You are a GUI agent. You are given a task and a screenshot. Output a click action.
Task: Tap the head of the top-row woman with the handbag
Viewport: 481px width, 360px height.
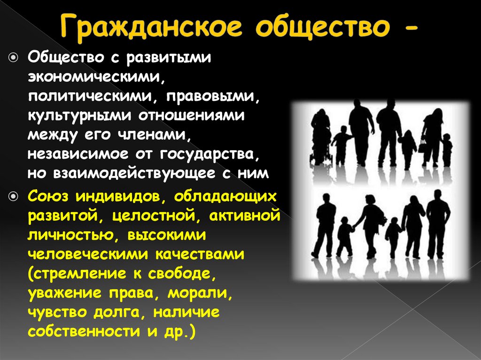point(436,114)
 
